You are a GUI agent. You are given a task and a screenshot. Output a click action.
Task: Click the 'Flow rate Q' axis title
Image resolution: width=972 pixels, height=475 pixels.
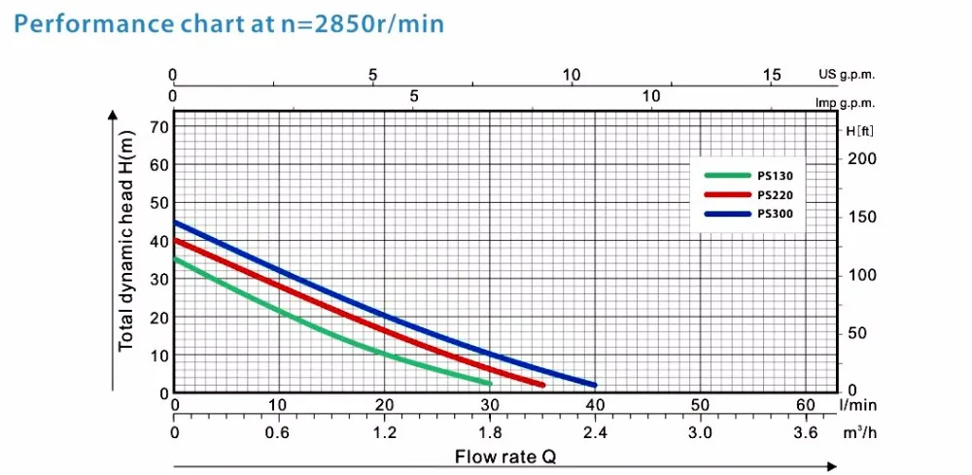pos(505,455)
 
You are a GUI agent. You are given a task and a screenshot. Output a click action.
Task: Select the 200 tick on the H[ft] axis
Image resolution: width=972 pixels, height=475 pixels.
pos(862,158)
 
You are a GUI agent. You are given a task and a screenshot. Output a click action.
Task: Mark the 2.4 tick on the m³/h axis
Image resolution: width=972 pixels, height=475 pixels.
pos(595,430)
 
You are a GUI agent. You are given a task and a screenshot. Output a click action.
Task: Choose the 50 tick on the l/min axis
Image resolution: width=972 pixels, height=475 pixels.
pos(700,403)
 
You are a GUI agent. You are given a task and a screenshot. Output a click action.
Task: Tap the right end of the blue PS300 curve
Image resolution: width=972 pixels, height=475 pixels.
pos(594,385)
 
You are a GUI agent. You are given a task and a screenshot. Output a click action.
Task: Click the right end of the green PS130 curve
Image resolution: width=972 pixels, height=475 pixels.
pos(489,384)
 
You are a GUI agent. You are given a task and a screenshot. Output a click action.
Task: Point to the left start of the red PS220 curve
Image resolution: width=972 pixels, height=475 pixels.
pos(176,240)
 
